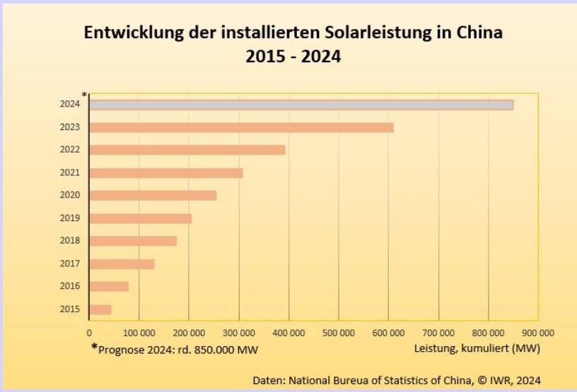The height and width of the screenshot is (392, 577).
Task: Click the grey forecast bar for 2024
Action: (301, 105)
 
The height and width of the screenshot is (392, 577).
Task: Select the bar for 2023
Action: (241, 128)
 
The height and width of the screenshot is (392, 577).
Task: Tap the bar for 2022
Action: (187, 150)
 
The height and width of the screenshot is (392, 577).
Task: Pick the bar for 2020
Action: (153, 196)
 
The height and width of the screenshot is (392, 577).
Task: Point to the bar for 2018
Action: (133, 241)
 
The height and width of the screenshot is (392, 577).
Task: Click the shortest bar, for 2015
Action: (100, 309)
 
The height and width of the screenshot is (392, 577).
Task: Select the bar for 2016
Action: (109, 287)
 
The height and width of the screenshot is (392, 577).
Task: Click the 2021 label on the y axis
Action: (70, 173)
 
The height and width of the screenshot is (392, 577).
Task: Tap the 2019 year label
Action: (70, 218)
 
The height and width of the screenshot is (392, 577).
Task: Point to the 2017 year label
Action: (70, 264)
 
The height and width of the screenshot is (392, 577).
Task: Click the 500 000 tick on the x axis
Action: (338, 333)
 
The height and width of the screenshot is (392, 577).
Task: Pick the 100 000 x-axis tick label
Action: (139, 333)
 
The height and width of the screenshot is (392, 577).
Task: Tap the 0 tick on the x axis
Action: (89, 333)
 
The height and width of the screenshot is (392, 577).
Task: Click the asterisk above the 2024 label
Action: (84, 95)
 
